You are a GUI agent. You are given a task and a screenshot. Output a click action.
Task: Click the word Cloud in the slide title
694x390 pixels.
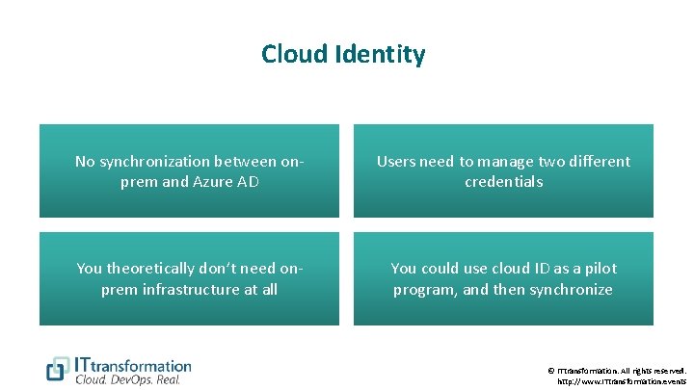click(293, 54)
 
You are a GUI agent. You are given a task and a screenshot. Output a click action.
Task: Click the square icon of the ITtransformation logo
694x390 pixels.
click(59, 369)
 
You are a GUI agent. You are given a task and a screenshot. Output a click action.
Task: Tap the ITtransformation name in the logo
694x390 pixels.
click(133, 365)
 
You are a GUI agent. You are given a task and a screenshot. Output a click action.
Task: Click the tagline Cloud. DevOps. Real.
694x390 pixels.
click(127, 379)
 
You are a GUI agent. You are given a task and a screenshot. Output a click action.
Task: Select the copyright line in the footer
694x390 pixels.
click(617, 370)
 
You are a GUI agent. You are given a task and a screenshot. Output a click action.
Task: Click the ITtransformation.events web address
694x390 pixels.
click(622, 381)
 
